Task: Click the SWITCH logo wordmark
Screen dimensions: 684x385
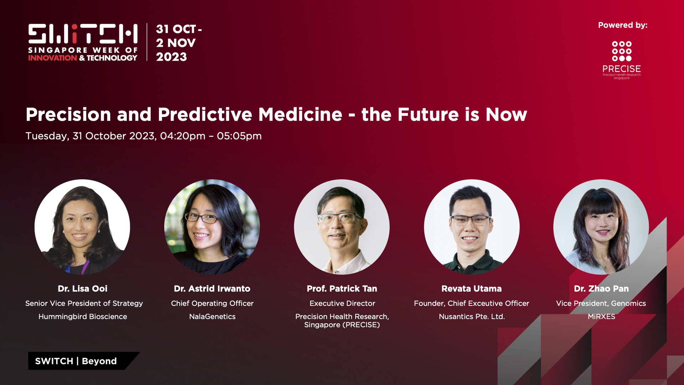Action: (83, 34)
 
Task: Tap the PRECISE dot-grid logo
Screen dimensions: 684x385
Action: (622, 51)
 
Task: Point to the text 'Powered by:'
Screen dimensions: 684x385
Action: (623, 25)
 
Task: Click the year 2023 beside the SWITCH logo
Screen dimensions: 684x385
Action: (171, 57)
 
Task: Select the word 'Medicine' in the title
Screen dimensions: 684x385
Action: (300, 114)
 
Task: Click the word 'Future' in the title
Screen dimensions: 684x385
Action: (428, 114)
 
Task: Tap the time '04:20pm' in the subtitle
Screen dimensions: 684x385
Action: (183, 136)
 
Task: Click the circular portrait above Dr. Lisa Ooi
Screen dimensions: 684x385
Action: (82, 227)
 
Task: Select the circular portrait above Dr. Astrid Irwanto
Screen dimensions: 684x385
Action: (212, 227)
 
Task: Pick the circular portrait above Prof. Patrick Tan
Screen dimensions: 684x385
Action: (342, 227)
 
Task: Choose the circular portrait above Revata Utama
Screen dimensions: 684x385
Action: (472, 227)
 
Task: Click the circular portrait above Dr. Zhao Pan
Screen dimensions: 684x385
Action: (601, 227)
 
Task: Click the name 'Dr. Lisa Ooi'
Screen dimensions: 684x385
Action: (83, 289)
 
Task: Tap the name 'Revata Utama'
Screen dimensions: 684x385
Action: (472, 289)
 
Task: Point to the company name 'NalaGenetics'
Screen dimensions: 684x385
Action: (212, 317)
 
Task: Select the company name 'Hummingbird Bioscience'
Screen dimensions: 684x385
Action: (83, 317)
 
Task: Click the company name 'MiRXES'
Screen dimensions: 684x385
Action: (601, 317)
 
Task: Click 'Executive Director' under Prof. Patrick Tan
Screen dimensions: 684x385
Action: (342, 303)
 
